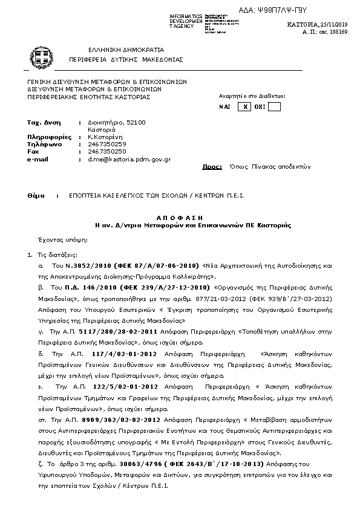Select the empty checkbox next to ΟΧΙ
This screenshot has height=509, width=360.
[274, 106]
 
